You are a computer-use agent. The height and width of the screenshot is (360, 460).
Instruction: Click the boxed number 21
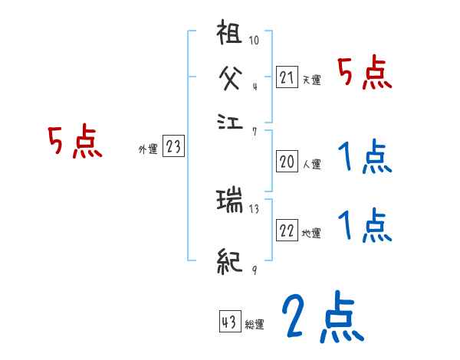[287, 77]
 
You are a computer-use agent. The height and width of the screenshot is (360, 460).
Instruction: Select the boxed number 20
[287, 162]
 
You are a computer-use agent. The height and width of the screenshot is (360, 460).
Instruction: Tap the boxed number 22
[287, 231]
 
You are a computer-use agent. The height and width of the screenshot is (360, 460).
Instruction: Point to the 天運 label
[310, 80]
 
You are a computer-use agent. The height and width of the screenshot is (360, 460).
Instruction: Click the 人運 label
[310, 163]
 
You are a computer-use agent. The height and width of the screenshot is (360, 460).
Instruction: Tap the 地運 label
[310, 233]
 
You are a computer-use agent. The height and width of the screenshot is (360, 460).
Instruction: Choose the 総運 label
[254, 324]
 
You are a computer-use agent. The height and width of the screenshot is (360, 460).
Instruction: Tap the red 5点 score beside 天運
[365, 74]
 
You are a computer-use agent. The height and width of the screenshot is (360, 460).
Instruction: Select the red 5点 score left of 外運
[74, 143]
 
